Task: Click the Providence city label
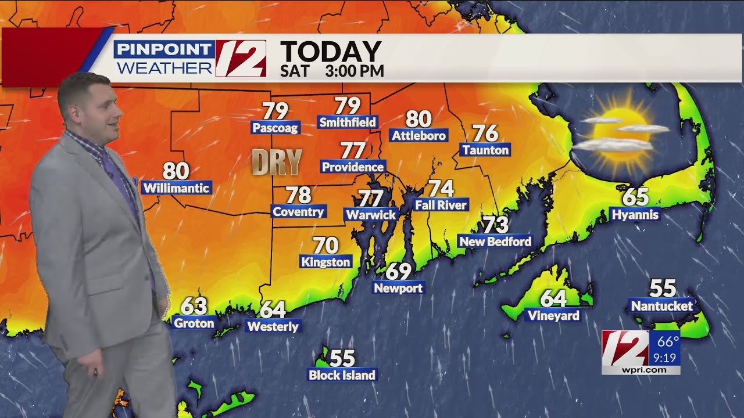[x=353, y=167]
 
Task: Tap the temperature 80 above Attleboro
[x=419, y=119]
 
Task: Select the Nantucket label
[x=661, y=305]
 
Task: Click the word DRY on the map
[x=277, y=162]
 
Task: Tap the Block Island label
[x=342, y=375]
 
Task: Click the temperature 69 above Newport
[x=399, y=271]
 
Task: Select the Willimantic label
[x=176, y=188]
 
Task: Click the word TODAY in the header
[x=330, y=52]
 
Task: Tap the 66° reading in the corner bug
[x=668, y=341]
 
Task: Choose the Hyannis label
[x=635, y=215]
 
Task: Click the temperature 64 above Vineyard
[x=553, y=298]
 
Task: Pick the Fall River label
[x=441, y=205]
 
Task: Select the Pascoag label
[x=275, y=128]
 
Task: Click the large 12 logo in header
[x=241, y=59]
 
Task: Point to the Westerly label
[x=273, y=326]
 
